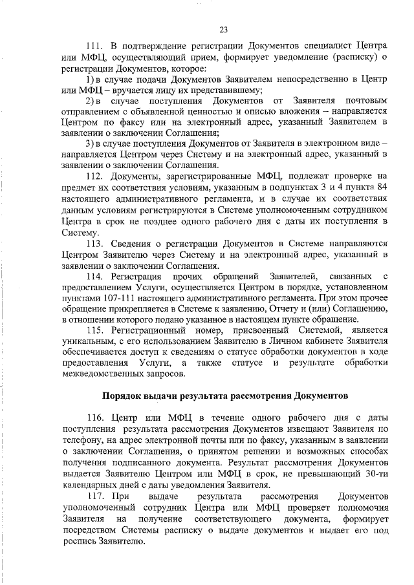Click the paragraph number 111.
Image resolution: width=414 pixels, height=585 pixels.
click(x=94, y=47)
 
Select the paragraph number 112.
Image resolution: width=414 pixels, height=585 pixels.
click(x=94, y=176)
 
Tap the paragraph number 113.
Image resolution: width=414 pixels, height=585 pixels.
click(x=94, y=244)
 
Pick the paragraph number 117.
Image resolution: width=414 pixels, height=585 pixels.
click(x=94, y=496)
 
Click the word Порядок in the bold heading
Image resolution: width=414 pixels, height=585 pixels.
click(x=124, y=394)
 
